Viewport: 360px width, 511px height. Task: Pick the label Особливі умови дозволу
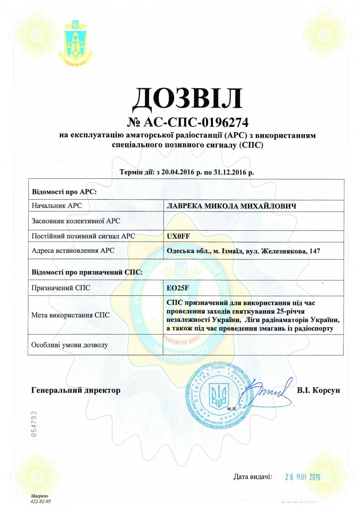pyautogui.click(x=70, y=345)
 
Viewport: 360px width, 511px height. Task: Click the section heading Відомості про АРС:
pyautogui.click(x=65, y=191)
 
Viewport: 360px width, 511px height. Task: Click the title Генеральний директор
pyautogui.click(x=76, y=390)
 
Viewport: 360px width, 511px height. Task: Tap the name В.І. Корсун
pyautogui.click(x=318, y=390)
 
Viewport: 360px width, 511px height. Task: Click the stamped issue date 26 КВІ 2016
pyautogui.click(x=304, y=477)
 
